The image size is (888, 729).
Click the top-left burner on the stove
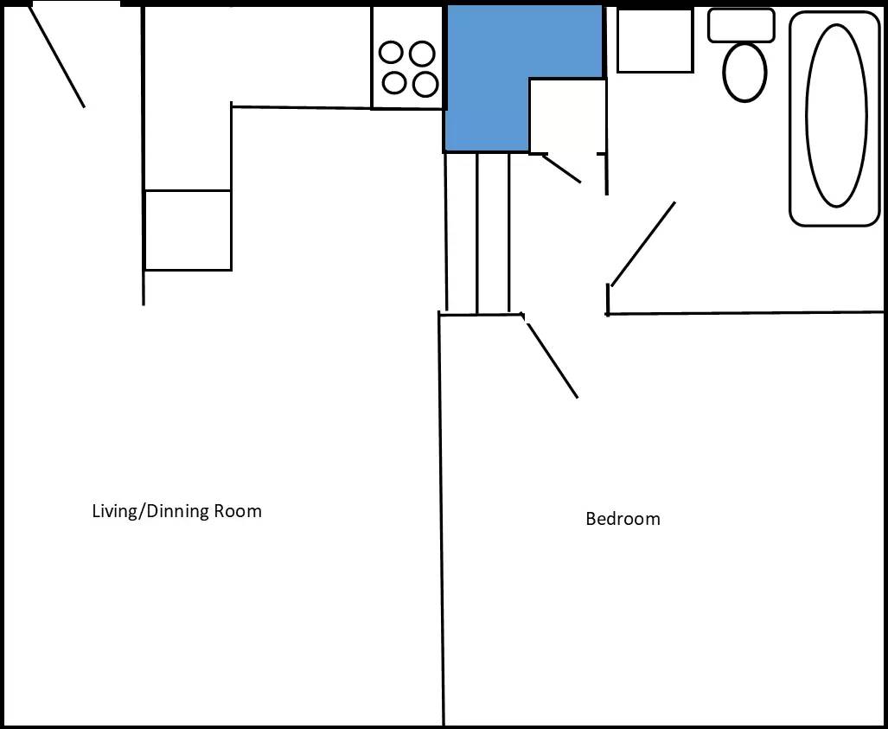coord(391,53)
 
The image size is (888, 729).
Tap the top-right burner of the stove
coord(422,54)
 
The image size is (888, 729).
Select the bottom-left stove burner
coord(394,83)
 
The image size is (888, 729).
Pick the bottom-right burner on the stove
coord(425,85)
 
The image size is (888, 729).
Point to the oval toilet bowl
coord(744,73)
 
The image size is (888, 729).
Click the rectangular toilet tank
coord(741,25)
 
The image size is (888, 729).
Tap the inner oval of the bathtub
coord(836,116)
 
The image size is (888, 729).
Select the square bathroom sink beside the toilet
coord(655,41)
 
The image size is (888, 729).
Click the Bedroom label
coord(623,519)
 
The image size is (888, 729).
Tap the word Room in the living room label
coord(238,511)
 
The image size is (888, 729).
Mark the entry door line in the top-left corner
coord(56,57)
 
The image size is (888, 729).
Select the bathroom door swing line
coord(642,244)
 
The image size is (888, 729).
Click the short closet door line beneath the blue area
coord(562,169)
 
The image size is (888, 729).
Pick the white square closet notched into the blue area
coord(567,116)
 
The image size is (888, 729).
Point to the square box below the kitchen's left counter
coord(188,231)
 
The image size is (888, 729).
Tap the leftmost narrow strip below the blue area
coord(462,233)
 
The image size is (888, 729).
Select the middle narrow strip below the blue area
coord(493,233)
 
